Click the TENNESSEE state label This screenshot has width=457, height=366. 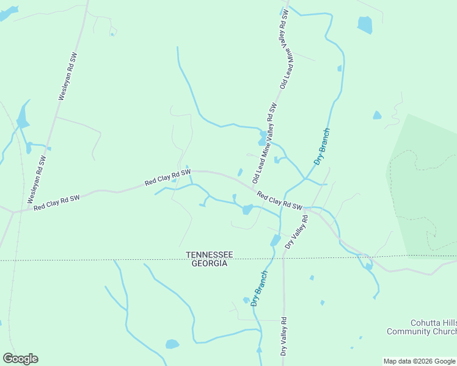coord(210,254)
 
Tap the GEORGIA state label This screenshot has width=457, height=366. coord(210,264)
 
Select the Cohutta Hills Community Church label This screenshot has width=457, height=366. coord(421,327)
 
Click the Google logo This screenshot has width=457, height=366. coord(20,359)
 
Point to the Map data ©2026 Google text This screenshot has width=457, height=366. coord(419,361)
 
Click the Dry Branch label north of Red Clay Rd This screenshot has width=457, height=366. coord(322,146)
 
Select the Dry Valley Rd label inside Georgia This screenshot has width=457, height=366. coord(283,336)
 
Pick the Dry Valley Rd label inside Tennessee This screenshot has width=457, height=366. coord(296,231)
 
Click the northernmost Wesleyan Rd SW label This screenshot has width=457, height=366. coord(67,76)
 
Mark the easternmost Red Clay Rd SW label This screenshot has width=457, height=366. coord(280,201)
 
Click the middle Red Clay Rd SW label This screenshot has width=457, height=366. coord(167,178)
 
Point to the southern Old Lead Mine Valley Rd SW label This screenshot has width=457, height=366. coord(265,143)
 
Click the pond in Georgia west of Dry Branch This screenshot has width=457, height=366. coord(172,344)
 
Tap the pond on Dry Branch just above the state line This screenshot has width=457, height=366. coord(275,240)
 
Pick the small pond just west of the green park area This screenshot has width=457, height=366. coord(377,115)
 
